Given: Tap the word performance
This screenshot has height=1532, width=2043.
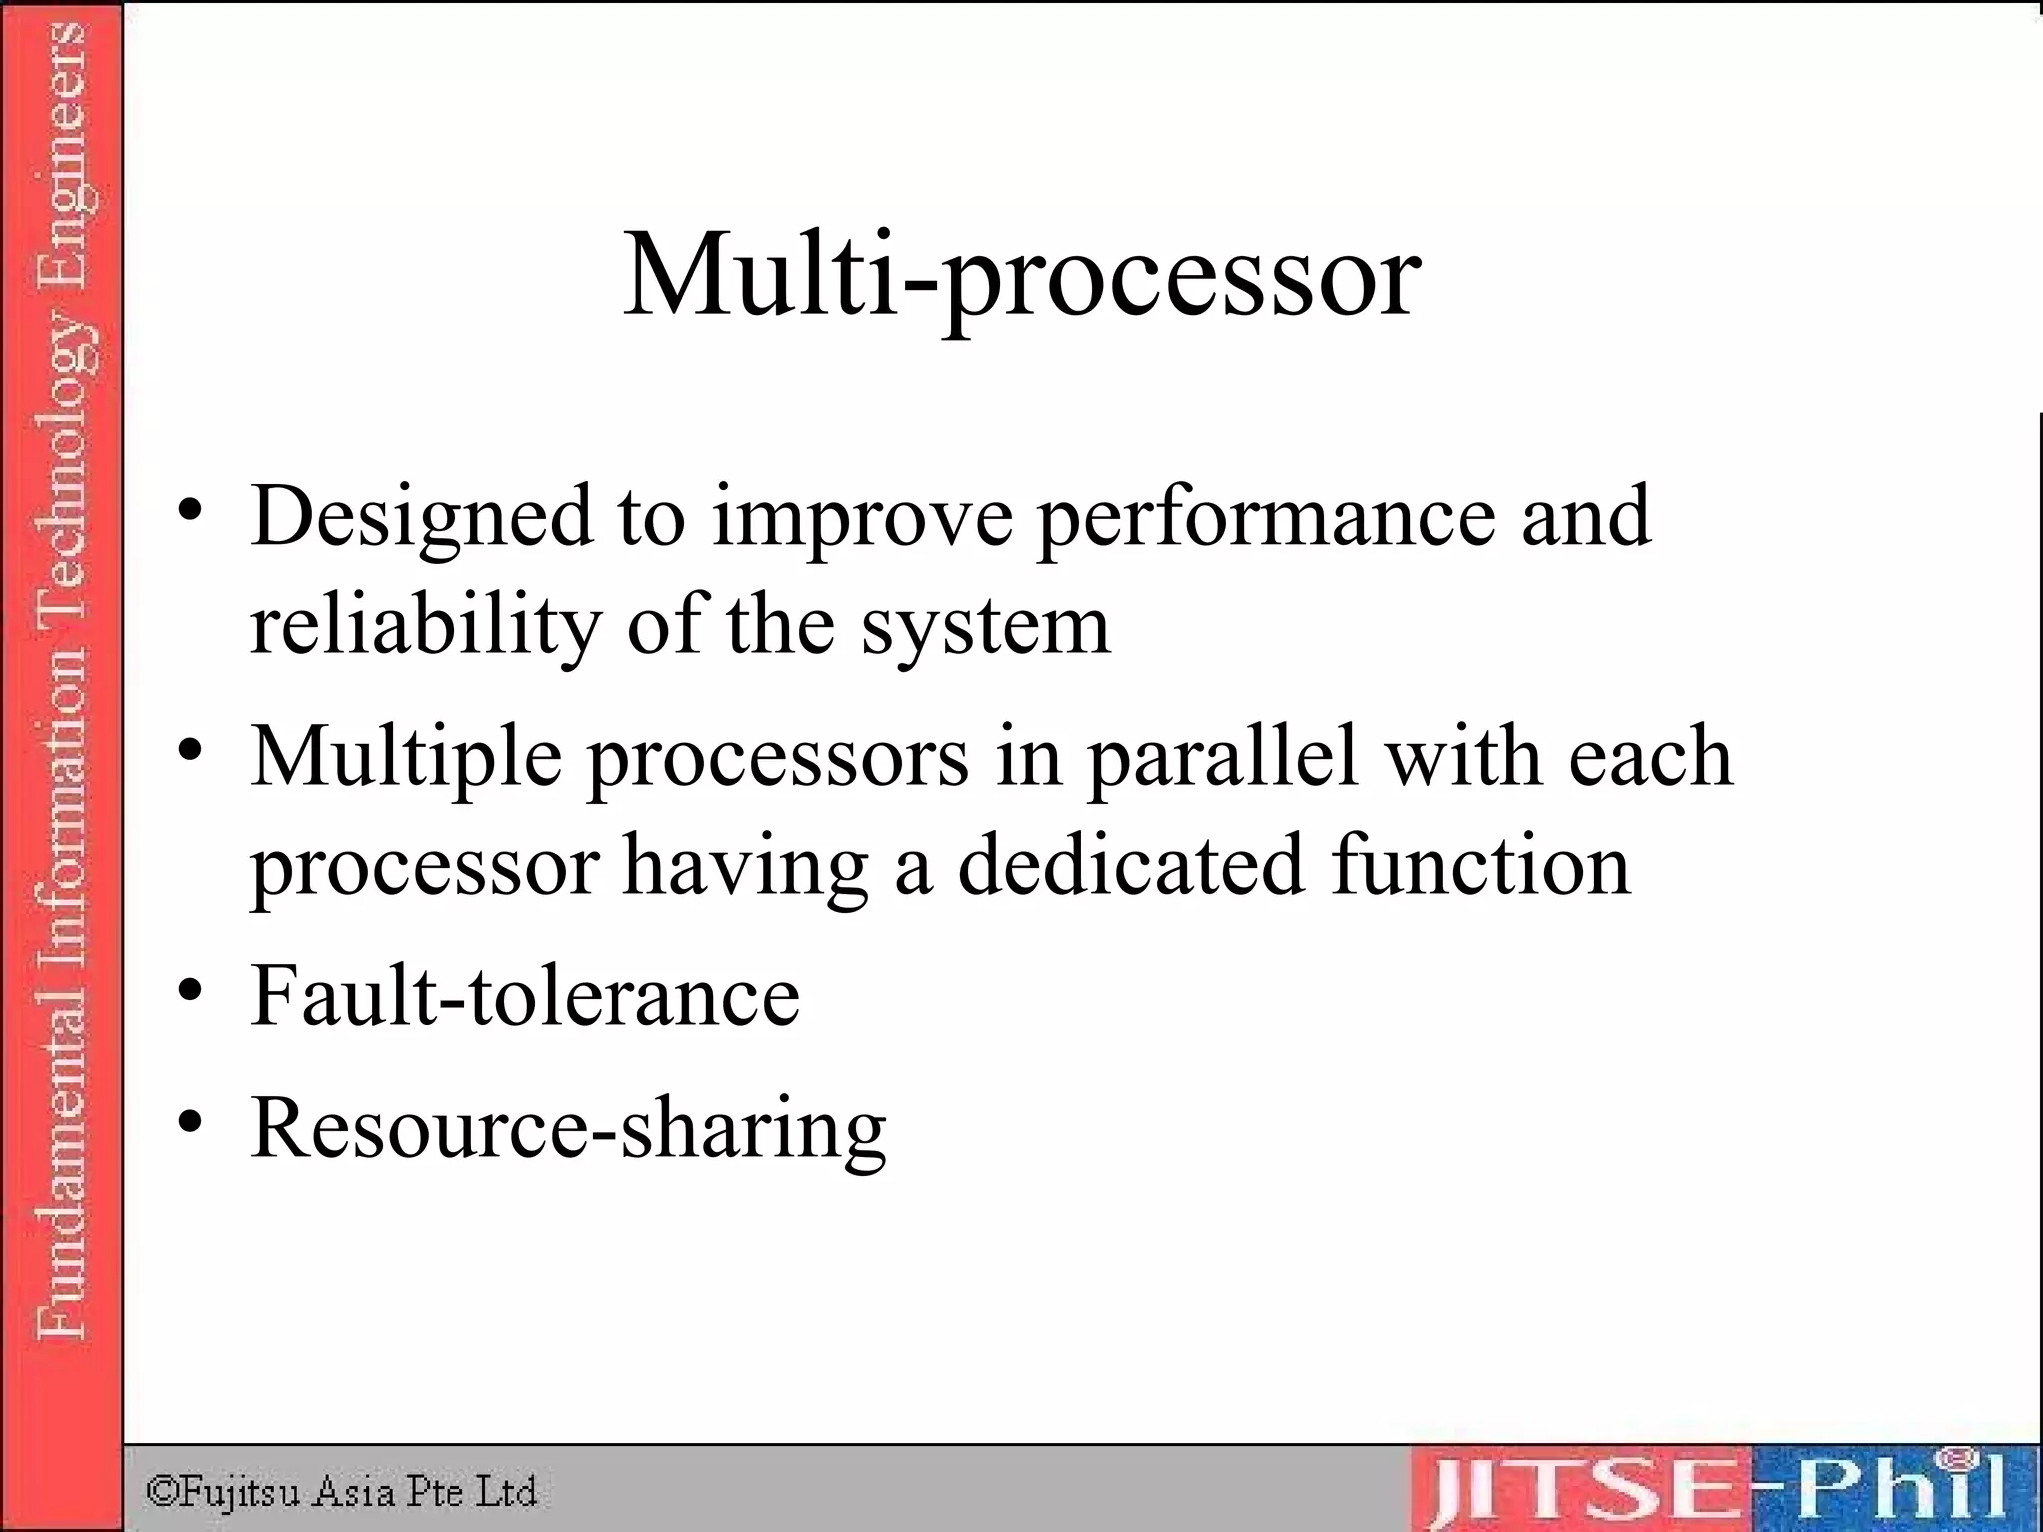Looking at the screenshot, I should pyautogui.click(x=1267, y=517).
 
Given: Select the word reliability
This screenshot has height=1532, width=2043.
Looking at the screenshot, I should pyautogui.click(x=425, y=625).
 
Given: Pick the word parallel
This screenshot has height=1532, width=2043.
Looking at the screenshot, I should pyautogui.click(x=1223, y=757).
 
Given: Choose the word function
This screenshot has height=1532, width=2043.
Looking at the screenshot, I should pyautogui.click(x=1480, y=865).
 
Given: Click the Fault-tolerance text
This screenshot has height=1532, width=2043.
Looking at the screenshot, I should pyautogui.click(x=526, y=995).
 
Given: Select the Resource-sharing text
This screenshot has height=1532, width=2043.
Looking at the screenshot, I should pyautogui.click(x=569, y=1129).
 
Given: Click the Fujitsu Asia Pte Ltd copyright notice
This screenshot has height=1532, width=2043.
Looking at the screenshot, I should pyautogui.click(x=341, y=1492).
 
